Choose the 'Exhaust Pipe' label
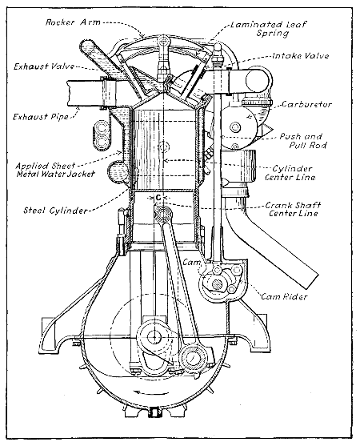[x=38, y=117]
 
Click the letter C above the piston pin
[x=159, y=195]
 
